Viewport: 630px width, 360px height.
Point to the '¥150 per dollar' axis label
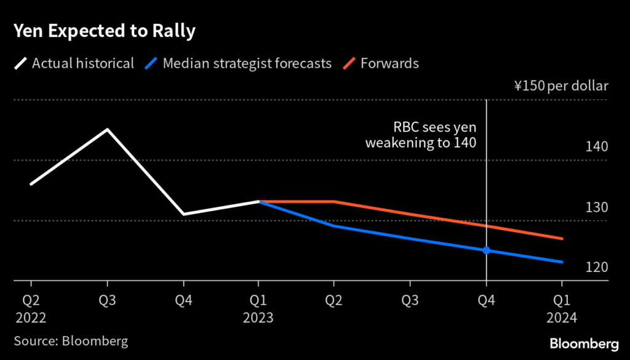tap(560, 86)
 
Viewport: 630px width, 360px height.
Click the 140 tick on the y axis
tap(597, 146)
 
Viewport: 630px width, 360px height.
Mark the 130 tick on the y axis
tap(597, 207)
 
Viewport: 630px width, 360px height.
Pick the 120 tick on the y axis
tap(597, 267)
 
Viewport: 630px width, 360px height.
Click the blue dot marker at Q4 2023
tap(486, 250)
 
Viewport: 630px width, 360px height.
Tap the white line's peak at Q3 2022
tap(107, 129)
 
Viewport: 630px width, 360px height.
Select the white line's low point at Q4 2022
tap(183, 214)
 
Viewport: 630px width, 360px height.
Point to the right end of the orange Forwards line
tap(562, 239)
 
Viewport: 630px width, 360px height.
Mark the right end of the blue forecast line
tap(562, 262)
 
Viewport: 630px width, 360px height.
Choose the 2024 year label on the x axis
tap(562, 319)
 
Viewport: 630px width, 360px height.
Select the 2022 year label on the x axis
tap(31, 319)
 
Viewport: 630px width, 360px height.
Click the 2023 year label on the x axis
tap(258, 319)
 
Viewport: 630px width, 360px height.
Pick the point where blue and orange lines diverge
tap(259, 201)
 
